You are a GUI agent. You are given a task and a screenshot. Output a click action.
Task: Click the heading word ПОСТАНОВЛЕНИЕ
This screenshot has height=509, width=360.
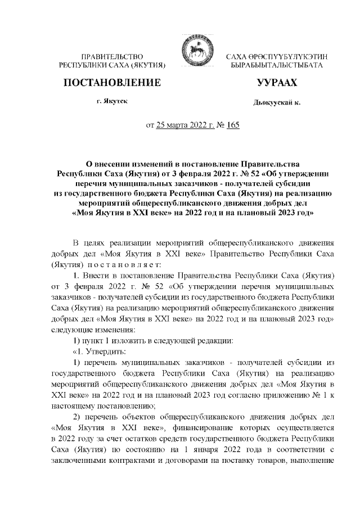[x=112, y=83]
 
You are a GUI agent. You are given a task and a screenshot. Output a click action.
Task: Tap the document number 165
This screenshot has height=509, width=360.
[x=232, y=125]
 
